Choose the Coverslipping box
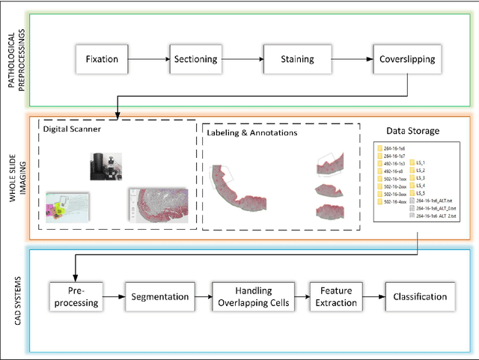[x=406, y=59]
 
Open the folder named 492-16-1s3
[x=394, y=163]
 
